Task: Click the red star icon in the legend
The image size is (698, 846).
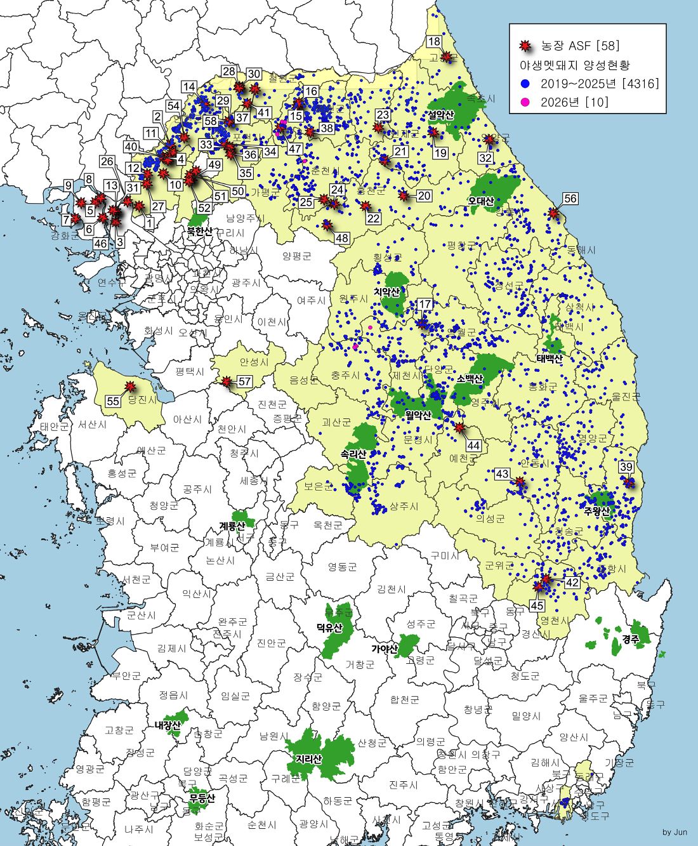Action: (525, 46)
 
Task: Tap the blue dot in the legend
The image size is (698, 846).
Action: (525, 84)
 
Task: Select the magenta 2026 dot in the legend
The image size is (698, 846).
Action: (525, 102)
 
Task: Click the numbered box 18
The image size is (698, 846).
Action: (434, 42)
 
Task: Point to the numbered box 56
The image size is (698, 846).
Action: (570, 199)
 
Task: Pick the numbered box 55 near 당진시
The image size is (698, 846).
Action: (113, 401)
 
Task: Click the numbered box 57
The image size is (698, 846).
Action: (244, 381)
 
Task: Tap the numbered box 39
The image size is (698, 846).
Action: (626, 467)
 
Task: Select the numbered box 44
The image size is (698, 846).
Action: (473, 446)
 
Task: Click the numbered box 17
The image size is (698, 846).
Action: (425, 304)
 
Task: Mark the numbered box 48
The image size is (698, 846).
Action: (342, 238)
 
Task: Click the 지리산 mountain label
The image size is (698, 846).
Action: (308, 759)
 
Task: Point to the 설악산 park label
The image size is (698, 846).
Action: (440, 115)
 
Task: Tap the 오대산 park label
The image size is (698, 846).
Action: (481, 201)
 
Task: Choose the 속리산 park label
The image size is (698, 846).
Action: (353, 454)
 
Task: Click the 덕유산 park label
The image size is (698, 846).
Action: (329, 628)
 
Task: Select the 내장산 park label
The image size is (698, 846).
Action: (168, 725)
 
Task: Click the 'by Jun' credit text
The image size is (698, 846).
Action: (675, 832)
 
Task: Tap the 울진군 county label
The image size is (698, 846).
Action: (626, 397)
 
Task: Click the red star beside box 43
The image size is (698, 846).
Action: (520, 482)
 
